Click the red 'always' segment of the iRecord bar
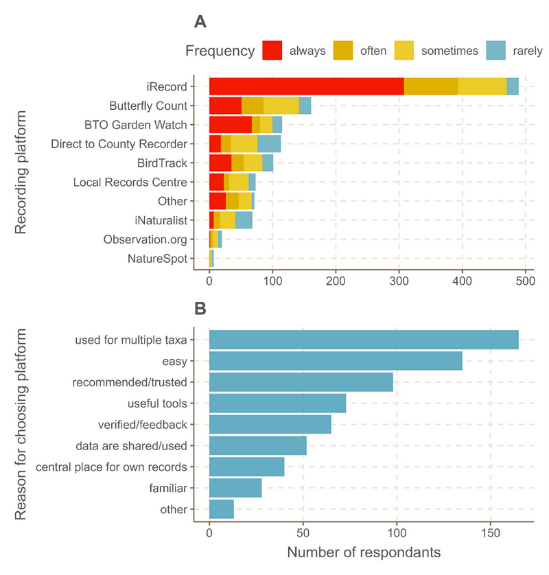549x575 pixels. tap(306, 86)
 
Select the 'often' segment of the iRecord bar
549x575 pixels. tap(431, 86)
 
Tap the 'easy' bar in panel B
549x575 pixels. tap(336, 360)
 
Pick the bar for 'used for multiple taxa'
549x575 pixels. tap(364, 340)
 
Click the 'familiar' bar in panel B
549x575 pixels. tap(235, 488)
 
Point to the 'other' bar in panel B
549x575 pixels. tap(222, 509)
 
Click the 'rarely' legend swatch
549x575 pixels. tap(495, 50)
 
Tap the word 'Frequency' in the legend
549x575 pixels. tap(220, 51)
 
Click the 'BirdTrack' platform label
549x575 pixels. tap(161, 163)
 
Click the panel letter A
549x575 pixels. tap(200, 22)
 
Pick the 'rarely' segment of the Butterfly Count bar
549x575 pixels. tap(305, 106)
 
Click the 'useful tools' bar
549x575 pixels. tap(277, 403)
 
